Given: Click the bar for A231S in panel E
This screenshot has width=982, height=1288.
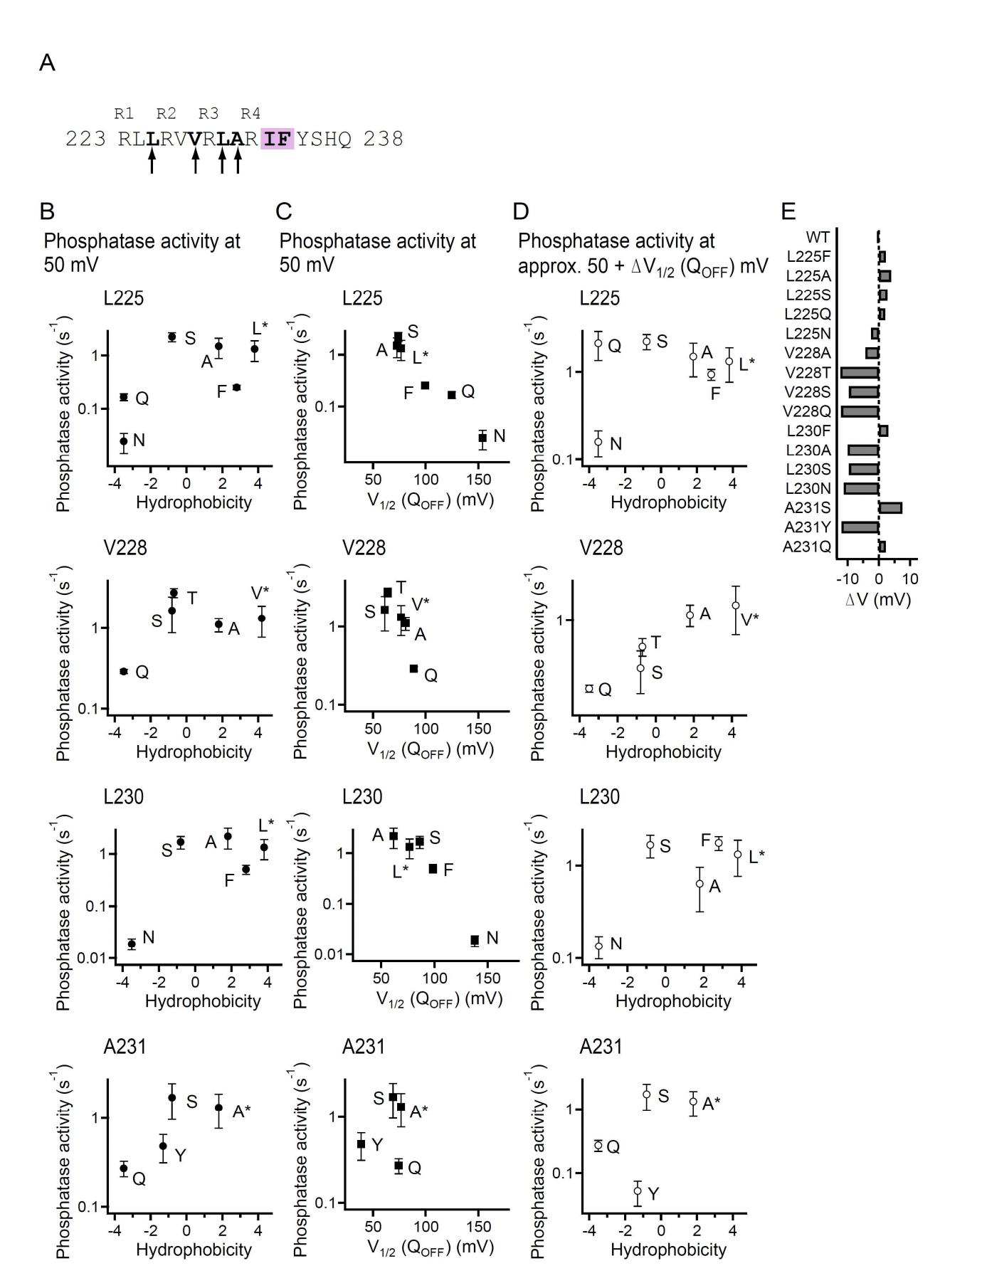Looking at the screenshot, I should coord(890,508).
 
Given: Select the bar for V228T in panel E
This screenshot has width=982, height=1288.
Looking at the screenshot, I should coord(860,372).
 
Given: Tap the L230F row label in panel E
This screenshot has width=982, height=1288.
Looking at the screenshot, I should coord(808,431).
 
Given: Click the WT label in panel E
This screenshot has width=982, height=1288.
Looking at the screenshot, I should coord(818,237).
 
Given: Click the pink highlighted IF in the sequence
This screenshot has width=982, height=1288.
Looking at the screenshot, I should coord(278,139).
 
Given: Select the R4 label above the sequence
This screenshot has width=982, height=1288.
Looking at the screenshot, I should coord(250,113).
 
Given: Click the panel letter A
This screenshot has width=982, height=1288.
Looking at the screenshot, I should coord(47,63).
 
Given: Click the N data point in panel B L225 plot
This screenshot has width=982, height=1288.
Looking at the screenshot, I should coord(124,441).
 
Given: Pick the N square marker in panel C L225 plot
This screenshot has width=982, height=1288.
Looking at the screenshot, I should coord(482,438).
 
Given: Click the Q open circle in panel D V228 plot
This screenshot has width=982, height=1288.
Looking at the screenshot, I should coord(589,688).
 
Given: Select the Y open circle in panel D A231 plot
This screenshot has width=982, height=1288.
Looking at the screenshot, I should coord(638,1191).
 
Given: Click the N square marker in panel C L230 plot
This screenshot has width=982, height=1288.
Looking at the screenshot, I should coord(475,940).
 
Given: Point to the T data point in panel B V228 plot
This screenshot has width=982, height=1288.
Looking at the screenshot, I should coord(174,593).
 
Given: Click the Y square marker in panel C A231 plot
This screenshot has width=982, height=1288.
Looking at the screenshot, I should coord(361,1144).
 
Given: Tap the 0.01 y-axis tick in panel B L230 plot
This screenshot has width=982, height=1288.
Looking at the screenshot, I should coord(94,958).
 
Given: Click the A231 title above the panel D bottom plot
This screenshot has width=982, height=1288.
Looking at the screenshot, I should coord(601,1047).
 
